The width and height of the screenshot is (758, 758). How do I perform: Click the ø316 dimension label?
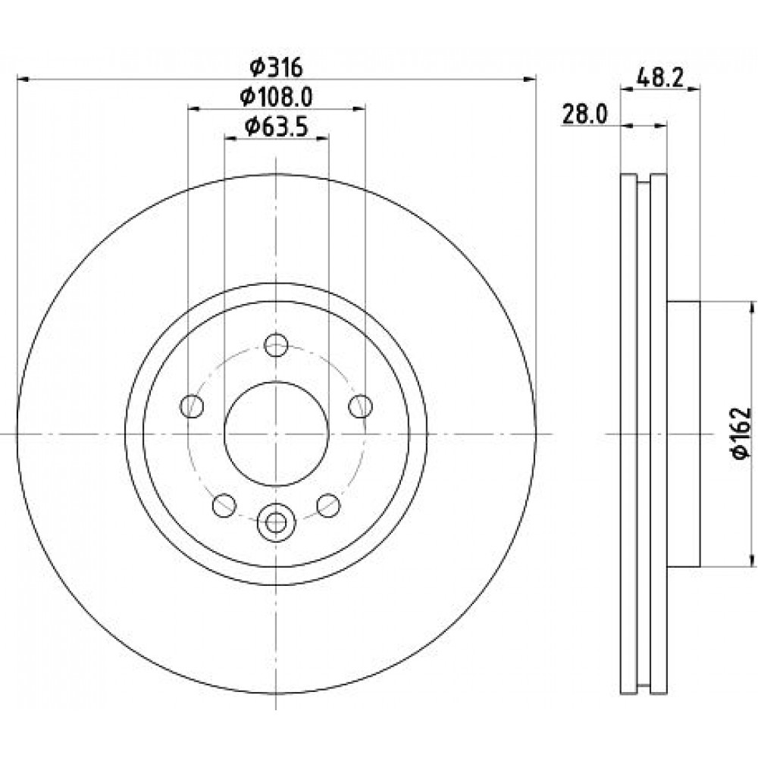point(276,67)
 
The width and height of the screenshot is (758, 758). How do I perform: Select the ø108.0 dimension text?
point(276,97)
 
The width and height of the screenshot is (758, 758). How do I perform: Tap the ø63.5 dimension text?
point(276,127)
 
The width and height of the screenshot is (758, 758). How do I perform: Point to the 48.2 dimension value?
point(660,77)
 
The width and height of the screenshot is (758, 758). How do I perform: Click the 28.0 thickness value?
point(584,115)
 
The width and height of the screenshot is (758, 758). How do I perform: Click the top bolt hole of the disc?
point(276,345)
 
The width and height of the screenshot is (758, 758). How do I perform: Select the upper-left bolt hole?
point(192,406)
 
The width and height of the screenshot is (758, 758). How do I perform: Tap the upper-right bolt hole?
point(361,406)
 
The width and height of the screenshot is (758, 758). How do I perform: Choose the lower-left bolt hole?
point(224,505)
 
